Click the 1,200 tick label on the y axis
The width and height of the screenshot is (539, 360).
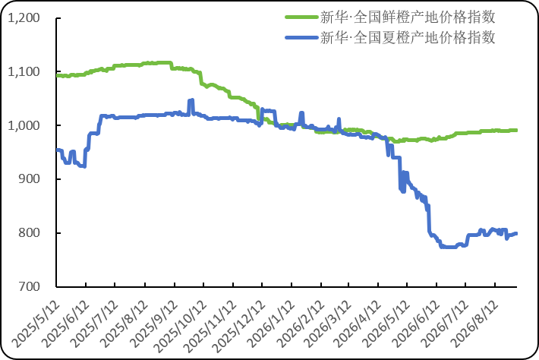pyautogui.click(x=24, y=18)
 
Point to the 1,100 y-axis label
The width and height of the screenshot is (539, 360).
pyautogui.click(x=24, y=72)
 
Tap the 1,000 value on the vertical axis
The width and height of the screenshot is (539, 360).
pyautogui.click(x=24, y=125)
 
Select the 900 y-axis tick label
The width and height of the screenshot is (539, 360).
pyautogui.click(x=29, y=179)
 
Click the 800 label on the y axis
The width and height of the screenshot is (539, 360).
pyautogui.click(x=29, y=232)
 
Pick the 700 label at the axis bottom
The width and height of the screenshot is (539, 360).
pyautogui.click(x=29, y=286)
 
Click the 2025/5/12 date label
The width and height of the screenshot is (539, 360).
pyautogui.click(x=36, y=324)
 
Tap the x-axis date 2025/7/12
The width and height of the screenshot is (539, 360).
pyautogui.click(x=95, y=324)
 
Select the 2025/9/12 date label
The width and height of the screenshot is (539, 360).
pyautogui.click(x=155, y=324)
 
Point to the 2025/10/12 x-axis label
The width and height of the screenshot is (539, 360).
pyautogui.click(x=181, y=327)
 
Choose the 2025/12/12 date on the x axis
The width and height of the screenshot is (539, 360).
pyautogui.click(x=239, y=327)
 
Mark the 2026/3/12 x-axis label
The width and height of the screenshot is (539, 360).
pyautogui.click(x=329, y=324)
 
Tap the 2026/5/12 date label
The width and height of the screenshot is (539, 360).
pyautogui.click(x=387, y=324)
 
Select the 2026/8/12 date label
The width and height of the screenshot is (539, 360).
pyautogui.click(x=474, y=324)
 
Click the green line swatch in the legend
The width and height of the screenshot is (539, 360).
pyautogui.click(x=301, y=17)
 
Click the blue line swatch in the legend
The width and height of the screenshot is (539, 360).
pyautogui.click(x=301, y=37)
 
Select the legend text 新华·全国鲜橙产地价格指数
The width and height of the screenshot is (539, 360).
pyautogui.click(x=408, y=17)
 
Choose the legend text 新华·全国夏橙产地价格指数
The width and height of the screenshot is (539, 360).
pyautogui.click(x=408, y=37)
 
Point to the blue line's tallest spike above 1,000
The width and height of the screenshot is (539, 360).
pyautogui.click(x=191, y=100)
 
